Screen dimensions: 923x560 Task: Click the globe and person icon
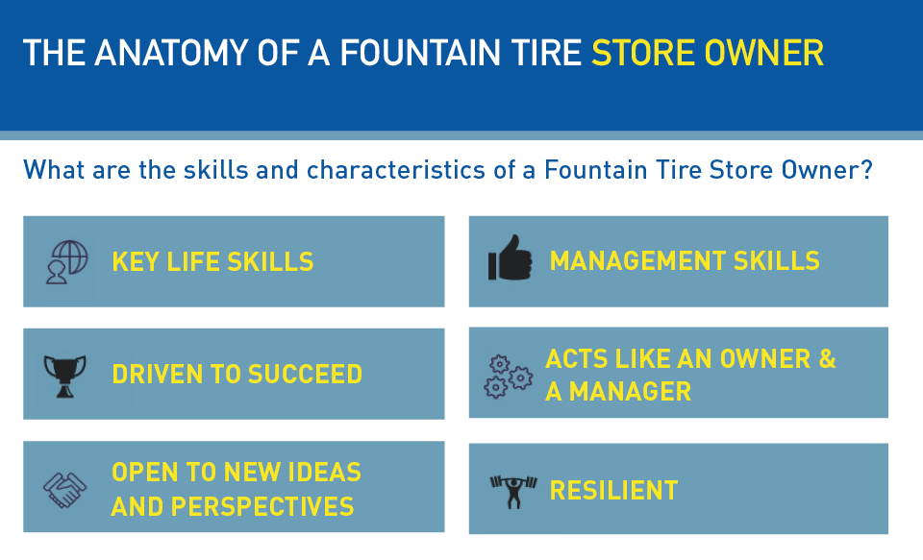tap(66, 262)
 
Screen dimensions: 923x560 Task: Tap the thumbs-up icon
tap(510, 257)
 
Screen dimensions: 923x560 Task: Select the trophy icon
tap(64, 376)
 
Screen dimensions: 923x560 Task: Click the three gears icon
tap(508, 377)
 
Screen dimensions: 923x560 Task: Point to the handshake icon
tap(64, 490)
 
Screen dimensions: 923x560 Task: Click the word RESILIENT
tap(613, 491)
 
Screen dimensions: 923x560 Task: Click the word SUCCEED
tap(305, 374)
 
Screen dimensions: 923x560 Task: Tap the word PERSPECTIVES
tap(262, 506)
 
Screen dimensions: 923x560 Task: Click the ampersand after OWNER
tap(827, 359)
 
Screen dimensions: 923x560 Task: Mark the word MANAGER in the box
tap(630, 392)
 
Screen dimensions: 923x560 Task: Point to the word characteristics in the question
tap(395, 170)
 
